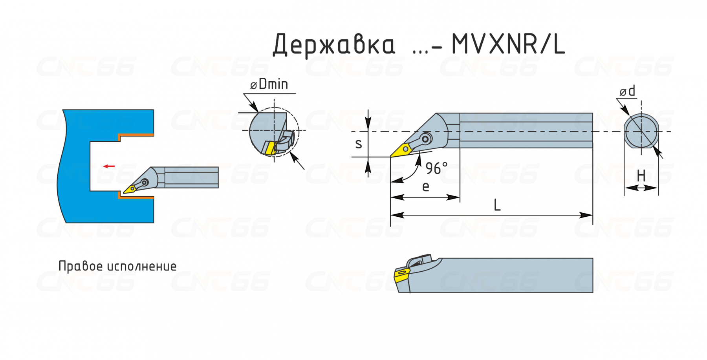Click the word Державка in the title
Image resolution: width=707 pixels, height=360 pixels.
[334, 45]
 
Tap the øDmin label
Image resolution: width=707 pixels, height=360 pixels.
[269, 84]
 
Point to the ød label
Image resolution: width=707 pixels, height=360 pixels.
[627, 91]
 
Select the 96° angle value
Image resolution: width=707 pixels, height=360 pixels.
[436, 168]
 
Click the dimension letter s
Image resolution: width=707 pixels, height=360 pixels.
[359, 144]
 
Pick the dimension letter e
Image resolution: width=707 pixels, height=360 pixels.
[426, 186]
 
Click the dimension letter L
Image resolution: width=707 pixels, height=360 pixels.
[497, 205]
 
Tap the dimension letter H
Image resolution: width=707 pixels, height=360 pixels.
[641, 175]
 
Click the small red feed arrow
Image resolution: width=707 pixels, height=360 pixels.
[109, 166]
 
